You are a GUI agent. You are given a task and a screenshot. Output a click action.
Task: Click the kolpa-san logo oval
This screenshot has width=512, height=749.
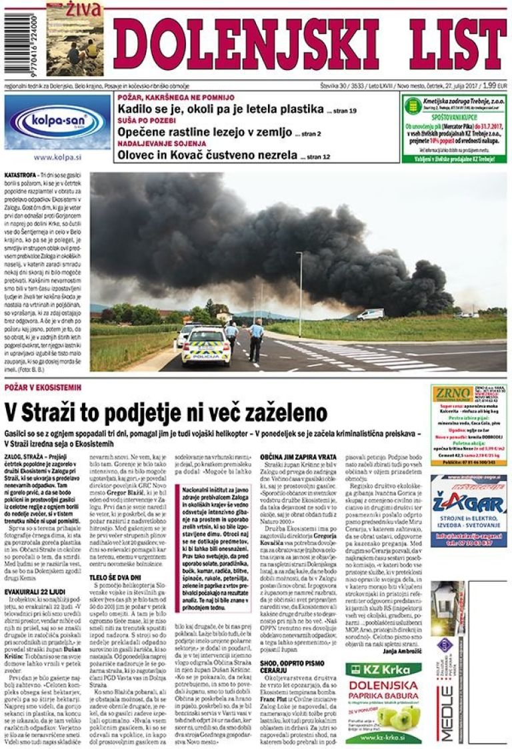tap(57, 123)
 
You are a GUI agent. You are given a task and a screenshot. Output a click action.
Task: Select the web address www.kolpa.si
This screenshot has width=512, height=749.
tap(57, 158)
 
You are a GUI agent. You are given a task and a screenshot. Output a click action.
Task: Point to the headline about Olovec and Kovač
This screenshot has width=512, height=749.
tap(207, 155)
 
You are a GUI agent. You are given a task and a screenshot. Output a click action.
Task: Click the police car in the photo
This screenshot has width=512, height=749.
tap(207, 345)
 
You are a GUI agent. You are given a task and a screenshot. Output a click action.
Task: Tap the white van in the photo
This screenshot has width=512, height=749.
tap(370, 314)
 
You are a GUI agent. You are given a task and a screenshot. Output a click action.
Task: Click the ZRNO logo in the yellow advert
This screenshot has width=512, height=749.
tap(453, 395)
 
